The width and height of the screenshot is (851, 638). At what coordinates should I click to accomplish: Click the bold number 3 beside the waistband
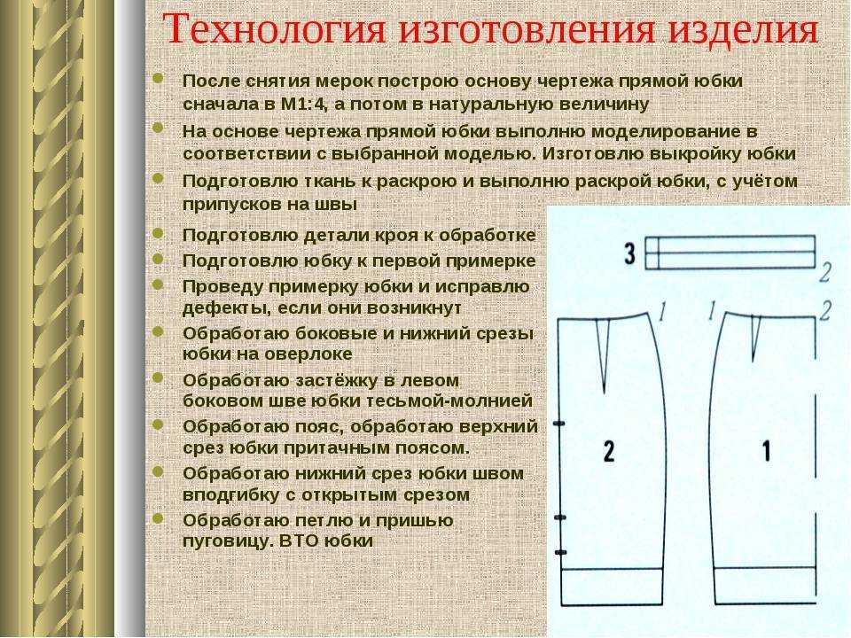pyautogui.click(x=629, y=253)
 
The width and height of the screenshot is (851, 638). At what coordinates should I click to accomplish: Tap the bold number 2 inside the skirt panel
pyautogui.click(x=609, y=451)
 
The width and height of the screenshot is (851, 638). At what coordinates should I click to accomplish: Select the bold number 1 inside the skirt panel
pyautogui.click(x=766, y=450)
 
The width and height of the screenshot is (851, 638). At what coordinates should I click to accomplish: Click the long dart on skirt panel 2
pyautogui.click(x=604, y=355)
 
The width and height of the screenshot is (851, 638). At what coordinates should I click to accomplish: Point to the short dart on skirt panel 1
pyautogui.click(x=754, y=339)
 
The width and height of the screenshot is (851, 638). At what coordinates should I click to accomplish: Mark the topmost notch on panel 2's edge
pyautogui.click(x=559, y=424)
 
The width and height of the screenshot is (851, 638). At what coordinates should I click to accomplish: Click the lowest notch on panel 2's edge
pyautogui.click(x=560, y=552)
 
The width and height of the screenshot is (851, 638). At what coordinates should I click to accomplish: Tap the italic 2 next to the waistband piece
pyautogui.click(x=825, y=272)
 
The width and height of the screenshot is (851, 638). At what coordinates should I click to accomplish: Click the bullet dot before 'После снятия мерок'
pyautogui.click(x=158, y=79)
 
